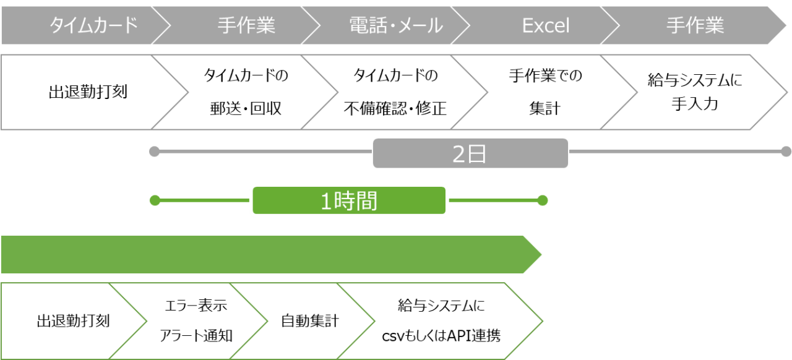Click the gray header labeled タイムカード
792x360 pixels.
(93, 25)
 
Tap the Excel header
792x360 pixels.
(545, 25)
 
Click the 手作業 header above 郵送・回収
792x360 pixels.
(246, 25)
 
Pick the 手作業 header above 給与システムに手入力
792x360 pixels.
(695, 25)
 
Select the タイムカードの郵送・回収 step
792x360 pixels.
(246, 92)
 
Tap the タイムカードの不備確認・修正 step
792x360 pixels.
(395, 92)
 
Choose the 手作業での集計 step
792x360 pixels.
(545, 92)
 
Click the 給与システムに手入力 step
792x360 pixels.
(694, 92)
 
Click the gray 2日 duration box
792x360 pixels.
(470, 153)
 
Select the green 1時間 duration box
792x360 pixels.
(349, 200)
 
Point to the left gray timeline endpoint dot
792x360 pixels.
(155, 152)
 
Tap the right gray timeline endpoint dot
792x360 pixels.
(786, 152)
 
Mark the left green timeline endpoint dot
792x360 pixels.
(155, 200)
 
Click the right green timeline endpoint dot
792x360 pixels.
(543, 200)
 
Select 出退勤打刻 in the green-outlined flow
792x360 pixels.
(73, 321)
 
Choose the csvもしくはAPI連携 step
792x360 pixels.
(441, 321)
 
